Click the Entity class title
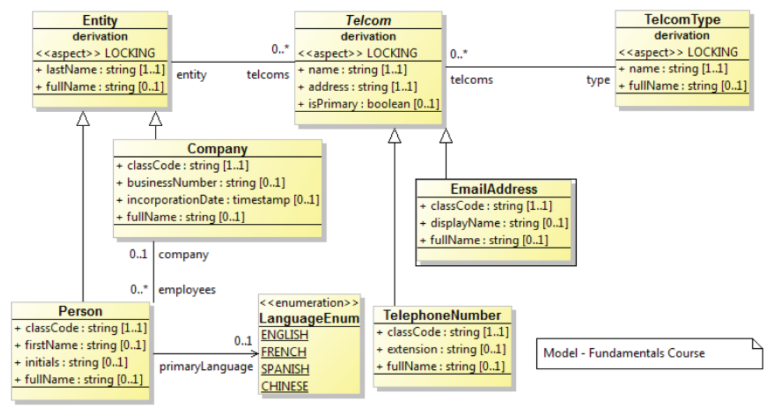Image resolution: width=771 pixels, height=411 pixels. [x=100, y=21]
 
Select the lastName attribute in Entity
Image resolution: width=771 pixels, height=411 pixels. [x=100, y=70]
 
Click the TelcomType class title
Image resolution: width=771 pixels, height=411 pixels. [x=682, y=19]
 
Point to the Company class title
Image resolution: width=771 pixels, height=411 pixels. [x=218, y=149]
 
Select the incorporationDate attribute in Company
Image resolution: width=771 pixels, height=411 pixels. [x=218, y=200]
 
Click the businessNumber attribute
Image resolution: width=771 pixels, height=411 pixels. [x=201, y=183]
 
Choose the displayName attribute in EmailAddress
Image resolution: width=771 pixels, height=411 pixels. [x=494, y=223]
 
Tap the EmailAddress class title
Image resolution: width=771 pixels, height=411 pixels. [x=494, y=189]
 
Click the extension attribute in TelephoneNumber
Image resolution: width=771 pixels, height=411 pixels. [x=441, y=349]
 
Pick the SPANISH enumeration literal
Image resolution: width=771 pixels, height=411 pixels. [x=285, y=369]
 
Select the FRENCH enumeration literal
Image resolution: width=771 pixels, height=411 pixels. [x=283, y=352]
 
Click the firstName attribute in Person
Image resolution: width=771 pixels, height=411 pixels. [x=80, y=345]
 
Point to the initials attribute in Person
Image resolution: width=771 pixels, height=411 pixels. [x=71, y=362]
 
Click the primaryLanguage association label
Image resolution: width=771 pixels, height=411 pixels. [x=206, y=367]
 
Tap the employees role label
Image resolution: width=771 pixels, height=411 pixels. [x=187, y=289]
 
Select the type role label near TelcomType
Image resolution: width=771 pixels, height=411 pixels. [x=598, y=80]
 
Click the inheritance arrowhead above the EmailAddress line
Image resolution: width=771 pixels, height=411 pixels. [x=446, y=136]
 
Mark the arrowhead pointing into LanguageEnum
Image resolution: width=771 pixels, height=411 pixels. [x=255, y=353]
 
